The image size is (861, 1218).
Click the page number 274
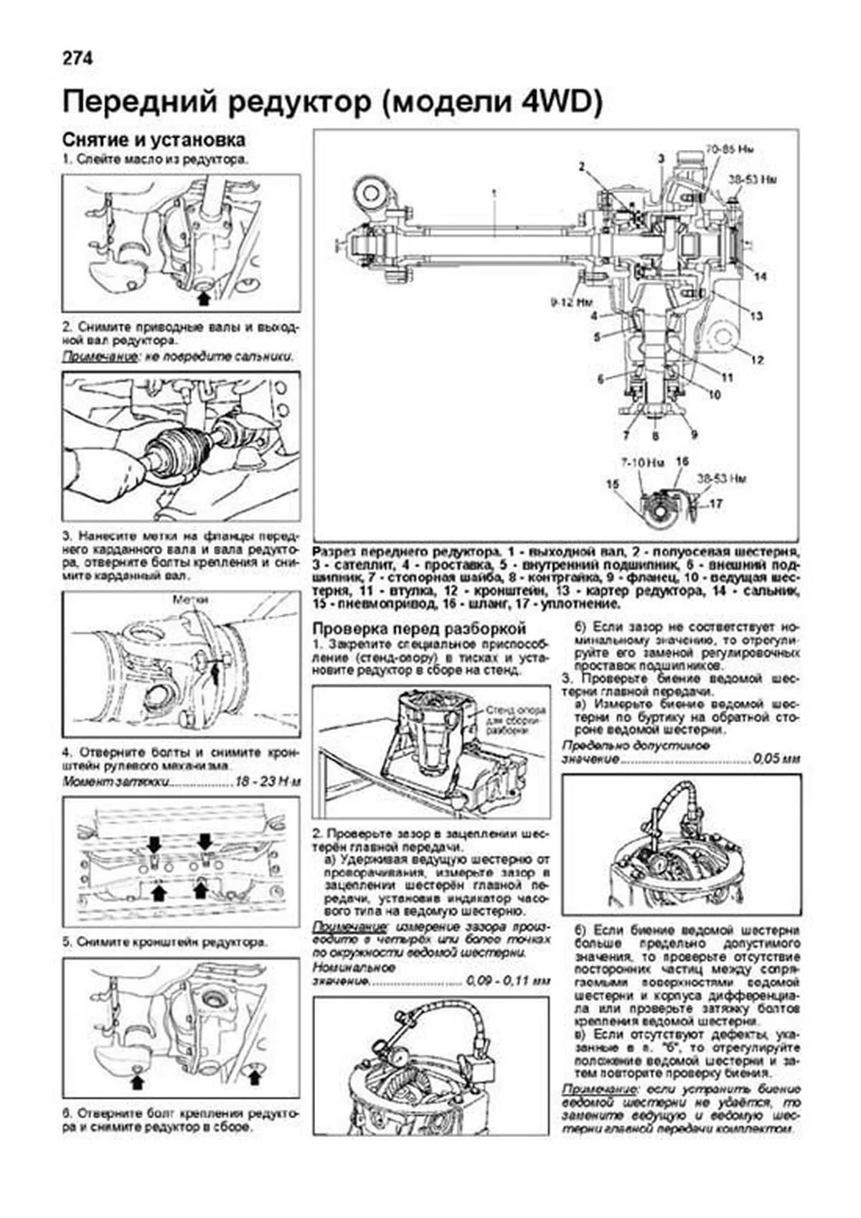click(77, 59)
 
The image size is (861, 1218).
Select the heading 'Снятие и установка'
click(154, 139)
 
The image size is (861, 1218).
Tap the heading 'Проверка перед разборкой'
click(420, 628)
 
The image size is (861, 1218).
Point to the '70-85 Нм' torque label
click(729, 151)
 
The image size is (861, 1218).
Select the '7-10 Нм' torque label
click(639, 462)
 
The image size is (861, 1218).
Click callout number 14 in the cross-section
click(759, 276)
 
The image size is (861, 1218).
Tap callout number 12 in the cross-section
click(758, 360)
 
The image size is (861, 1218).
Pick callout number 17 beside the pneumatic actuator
click(715, 504)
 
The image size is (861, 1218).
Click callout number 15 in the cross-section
click(612, 485)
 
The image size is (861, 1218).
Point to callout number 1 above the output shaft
click(494, 192)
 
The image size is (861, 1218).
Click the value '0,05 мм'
click(776, 759)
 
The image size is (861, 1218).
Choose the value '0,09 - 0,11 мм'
click(507, 981)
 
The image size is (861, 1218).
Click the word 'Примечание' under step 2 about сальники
click(99, 356)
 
